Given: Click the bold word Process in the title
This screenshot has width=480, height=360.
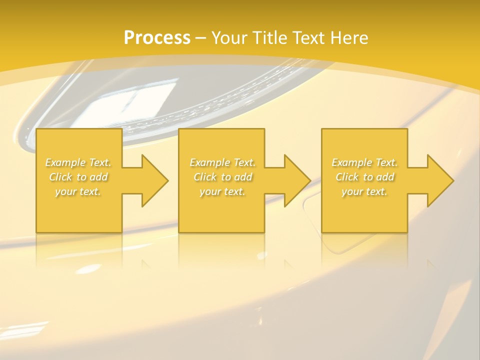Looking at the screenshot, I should pyautogui.click(x=157, y=38).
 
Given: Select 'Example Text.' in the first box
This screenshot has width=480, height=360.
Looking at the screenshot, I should pyautogui.click(x=78, y=162).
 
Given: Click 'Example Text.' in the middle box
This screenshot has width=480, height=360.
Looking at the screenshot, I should pyautogui.click(x=222, y=162).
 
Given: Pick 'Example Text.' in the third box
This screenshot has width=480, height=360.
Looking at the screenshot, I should pyautogui.click(x=364, y=162).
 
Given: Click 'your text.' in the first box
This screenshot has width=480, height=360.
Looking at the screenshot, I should pyautogui.click(x=78, y=191).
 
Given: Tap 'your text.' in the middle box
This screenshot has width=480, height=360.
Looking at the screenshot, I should pyautogui.click(x=222, y=191).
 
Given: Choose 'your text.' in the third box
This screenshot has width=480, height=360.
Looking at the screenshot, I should pyautogui.click(x=364, y=191).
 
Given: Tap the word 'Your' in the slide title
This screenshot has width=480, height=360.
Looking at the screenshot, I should pyautogui.click(x=228, y=38).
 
